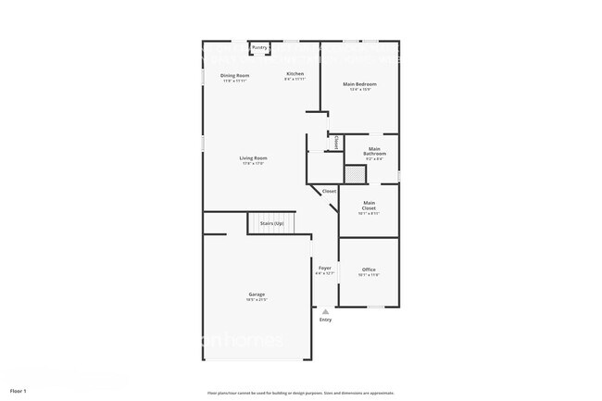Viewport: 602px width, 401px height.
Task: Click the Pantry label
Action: pyautogui.click(x=260, y=46)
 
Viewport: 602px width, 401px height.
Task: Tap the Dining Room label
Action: pyautogui.click(x=234, y=75)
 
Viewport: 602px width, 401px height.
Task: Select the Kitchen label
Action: pyautogui.click(x=295, y=73)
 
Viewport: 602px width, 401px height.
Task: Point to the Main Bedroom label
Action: pyautogui.click(x=359, y=84)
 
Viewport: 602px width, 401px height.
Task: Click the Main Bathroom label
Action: pyautogui.click(x=374, y=151)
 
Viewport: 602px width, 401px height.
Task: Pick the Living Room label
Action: pyautogui.click(x=254, y=158)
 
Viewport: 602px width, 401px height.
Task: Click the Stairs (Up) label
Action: pyautogui.click(x=270, y=223)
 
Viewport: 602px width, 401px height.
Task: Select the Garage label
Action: pyautogui.click(x=257, y=294)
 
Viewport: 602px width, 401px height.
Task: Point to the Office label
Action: pyautogui.click(x=369, y=269)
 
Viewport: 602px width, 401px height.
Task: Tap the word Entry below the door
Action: pyautogui.click(x=325, y=320)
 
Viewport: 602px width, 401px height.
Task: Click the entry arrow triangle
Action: pyautogui.click(x=325, y=311)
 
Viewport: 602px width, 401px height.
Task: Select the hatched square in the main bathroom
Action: pyautogui.click(x=355, y=174)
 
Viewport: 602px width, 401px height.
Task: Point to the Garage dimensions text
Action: pyautogui.click(x=257, y=300)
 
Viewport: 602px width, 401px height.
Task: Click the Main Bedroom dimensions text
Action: pyautogui.click(x=359, y=90)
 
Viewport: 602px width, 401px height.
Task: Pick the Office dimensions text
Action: pyautogui.click(x=369, y=275)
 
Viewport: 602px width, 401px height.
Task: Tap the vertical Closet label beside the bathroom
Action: pyautogui.click(x=335, y=143)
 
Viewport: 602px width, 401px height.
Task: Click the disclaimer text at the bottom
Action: pyautogui.click(x=300, y=392)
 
